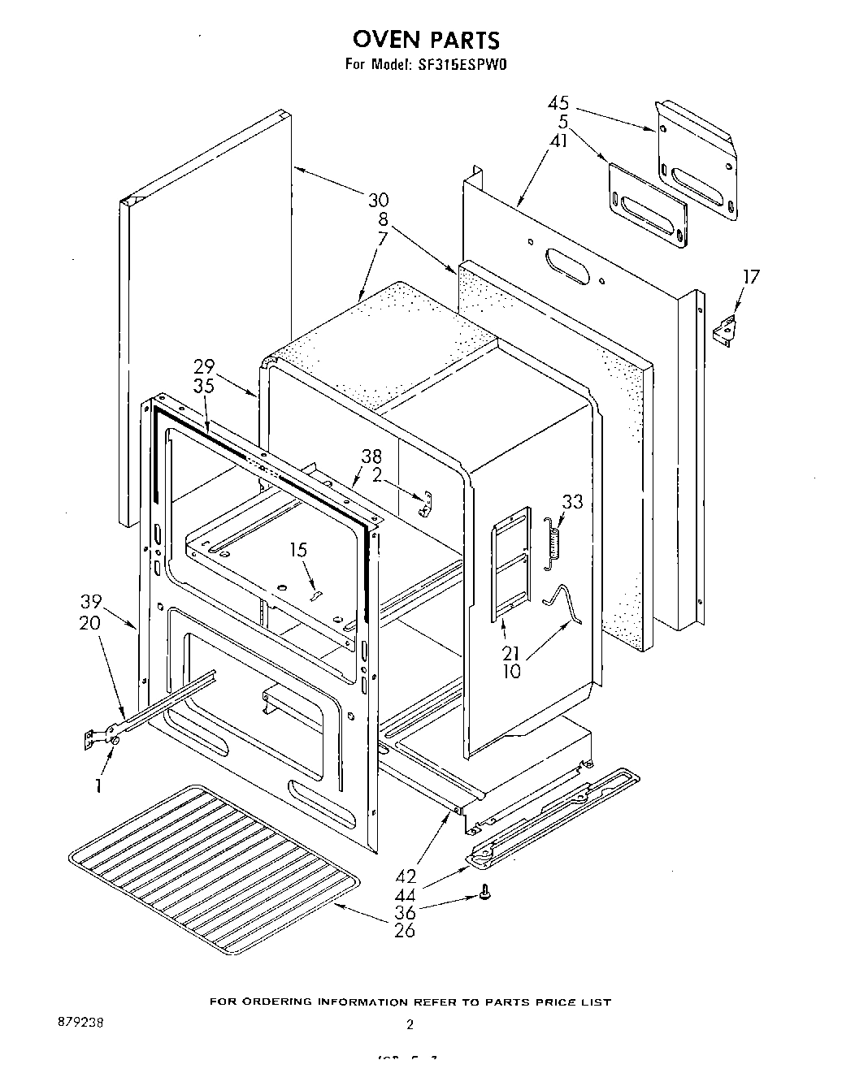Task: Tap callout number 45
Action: pos(558,103)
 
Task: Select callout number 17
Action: pos(752,277)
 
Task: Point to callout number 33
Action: pos(572,502)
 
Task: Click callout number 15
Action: pos(298,550)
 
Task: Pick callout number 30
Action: pos(378,200)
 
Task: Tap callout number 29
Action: pos(203,369)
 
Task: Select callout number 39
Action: pos(91,602)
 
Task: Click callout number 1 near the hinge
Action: pos(98,785)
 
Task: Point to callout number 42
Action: pos(405,876)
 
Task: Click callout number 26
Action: pos(404,930)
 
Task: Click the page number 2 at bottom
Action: pos(410,1025)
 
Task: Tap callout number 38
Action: pos(371,457)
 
